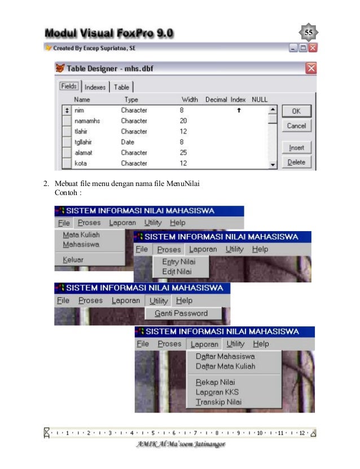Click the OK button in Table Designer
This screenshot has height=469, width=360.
pyautogui.click(x=296, y=111)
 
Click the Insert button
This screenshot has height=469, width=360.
pyautogui.click(x=296, y=148)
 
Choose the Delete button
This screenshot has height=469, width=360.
pyautogui.click(x=296, y=162)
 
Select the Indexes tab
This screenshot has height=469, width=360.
pyautogui.click(x=95, y=87)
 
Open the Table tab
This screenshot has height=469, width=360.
pyautogui.click(x=121, y=87)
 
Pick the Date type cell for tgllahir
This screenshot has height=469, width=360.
pyautogui.click(x=128, y=142)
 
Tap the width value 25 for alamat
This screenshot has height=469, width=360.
pyautogui.click(x=183, y=153)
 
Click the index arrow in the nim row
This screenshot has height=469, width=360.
pyautogui.click(x=239, y=110)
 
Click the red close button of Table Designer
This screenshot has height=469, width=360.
pyautogui.click(x=310, y=68)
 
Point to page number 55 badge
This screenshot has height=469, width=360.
pyautogui.click(x=309, y=33)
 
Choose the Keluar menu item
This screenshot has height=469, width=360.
pyautogui.click(x=73, y=260)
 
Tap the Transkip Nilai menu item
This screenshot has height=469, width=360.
pyautogui.click(x=218, y=402)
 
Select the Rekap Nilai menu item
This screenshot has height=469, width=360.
pyautogui.click(x=215, y=382)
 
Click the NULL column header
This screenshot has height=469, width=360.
pyautogui.click(x=260, y=100)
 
